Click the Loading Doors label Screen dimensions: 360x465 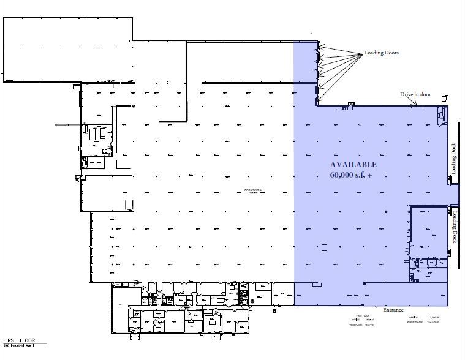tap(382, 53)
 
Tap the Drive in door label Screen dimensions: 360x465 tap(416, 94)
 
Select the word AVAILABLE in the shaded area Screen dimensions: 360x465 tap(353, 165)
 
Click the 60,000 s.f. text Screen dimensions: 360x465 tap(347, 175)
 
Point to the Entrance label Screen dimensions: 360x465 tap(393, 310)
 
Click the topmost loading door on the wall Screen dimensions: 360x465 tap(317, 45)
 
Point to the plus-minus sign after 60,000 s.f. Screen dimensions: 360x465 tap(369, 176)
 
